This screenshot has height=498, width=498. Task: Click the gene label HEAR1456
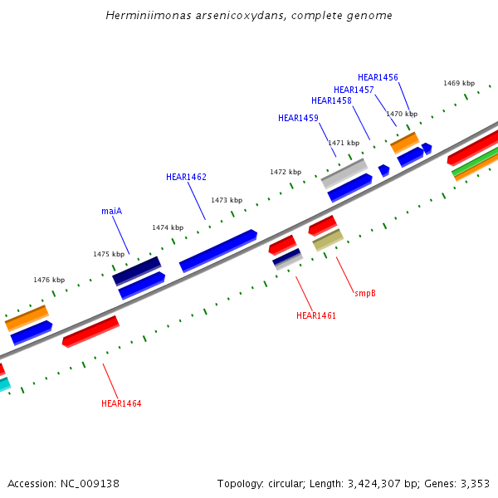[x=378, y=77]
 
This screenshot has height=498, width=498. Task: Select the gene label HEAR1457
[x=354, y=90]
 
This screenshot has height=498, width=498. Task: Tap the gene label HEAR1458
[x=331, y=100]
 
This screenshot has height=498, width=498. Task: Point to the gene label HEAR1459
[x=298, y=118]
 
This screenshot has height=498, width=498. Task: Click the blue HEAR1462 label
[x=186, y=177]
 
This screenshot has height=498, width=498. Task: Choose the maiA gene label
[x=112, y=211]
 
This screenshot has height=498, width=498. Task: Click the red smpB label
[x=365, y=293]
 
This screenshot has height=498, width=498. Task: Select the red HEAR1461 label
[x=316, y=315]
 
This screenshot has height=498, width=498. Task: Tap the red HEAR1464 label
[x=121, y=403]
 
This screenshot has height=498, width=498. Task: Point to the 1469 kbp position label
[x=459, y=83]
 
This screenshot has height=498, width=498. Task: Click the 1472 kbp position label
[x=286, y=172]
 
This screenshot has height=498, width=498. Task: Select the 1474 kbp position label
[x=168, y=227]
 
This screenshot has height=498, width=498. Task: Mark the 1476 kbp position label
[x=49, y=280]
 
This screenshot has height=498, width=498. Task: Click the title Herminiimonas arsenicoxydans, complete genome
[x=249, y=16]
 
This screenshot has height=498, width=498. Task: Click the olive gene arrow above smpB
[x=328, y=241]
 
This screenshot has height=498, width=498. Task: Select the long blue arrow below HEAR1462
[x=218, y=251]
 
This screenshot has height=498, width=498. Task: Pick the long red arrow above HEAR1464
[x=90, y=331]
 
